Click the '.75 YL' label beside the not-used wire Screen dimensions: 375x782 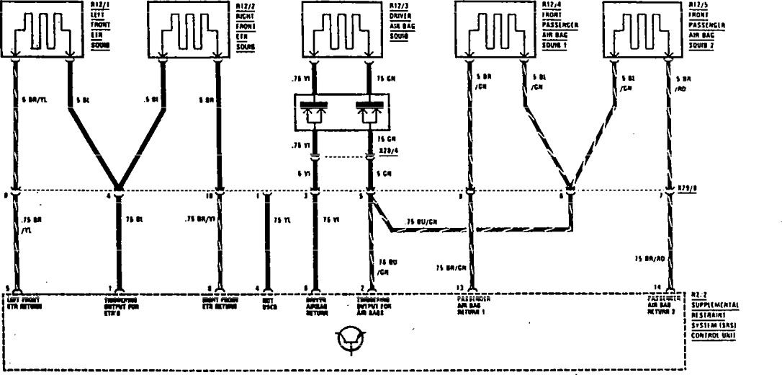coord(281,219)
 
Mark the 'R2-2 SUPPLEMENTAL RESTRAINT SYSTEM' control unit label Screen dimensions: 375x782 coord(716,314)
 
